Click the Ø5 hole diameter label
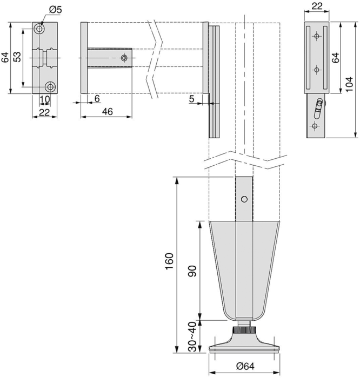[56, 10]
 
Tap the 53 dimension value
[17, 57]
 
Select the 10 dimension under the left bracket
[45, 99]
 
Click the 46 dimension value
[108, 112]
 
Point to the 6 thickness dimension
[97, 99]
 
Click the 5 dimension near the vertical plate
[191, 99]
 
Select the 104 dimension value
[349, 84]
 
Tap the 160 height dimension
[169, 261]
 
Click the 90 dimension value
[192, 271]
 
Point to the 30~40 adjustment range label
[192, 336]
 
